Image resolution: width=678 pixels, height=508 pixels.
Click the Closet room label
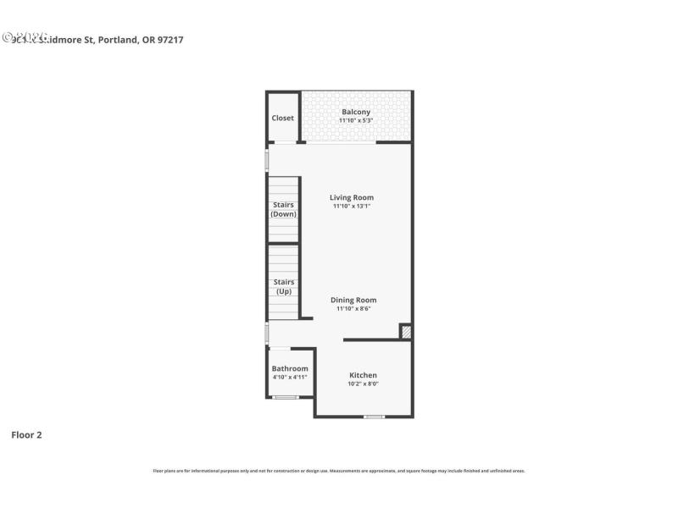click(283, 118)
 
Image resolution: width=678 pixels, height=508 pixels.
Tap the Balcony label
click(356, 112)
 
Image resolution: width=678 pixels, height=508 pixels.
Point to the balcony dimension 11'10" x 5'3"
click(356, 121)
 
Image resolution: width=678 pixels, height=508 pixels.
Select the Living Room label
click(352, 197)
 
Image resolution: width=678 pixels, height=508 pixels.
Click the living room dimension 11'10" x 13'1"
click(352, 206)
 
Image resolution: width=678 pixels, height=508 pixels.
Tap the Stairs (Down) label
click(284, 209)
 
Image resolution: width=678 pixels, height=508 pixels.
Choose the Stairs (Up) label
click(284, 286)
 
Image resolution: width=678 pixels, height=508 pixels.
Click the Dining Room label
click(353, 300)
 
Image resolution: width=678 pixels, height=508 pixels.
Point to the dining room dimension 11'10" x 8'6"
click(353, 309)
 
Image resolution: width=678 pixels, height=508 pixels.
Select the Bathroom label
click(290, 368)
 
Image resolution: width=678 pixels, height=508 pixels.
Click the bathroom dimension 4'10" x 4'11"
click(290, 378)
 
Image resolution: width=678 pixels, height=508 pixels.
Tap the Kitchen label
click(363, 375)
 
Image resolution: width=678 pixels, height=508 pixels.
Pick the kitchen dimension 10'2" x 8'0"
click(363, 384)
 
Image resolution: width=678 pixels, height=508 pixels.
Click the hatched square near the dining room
click(406, 333)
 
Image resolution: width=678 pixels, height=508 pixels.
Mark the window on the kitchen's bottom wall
click(374, 417)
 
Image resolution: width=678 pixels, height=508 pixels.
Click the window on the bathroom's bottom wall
click(286, 397)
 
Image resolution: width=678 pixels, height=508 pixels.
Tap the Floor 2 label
click(26, 435)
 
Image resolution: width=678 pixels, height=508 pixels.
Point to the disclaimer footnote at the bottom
click(339, 471)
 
